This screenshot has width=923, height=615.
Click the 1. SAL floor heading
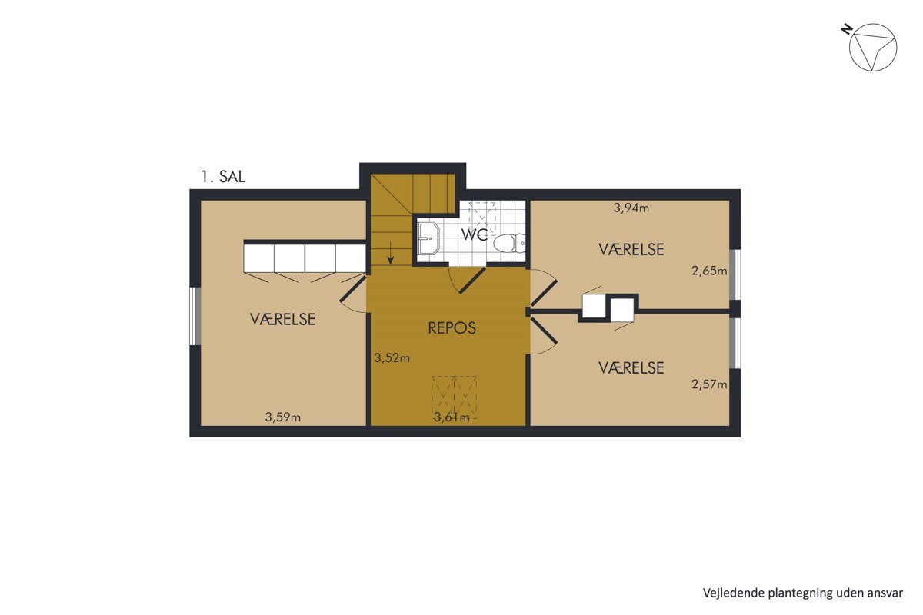pyautogui.click(x=223, y=177)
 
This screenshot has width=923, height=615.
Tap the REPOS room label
pyautogui.click(x=452, y=328)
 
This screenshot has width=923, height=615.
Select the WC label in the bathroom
pyautogui.click(x=475, y=234)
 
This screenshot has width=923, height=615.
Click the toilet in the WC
pyautogui.click(x=509, y=243)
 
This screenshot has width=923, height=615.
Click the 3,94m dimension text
pyautogui.click(x=631, y=208)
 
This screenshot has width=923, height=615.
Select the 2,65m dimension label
pyautogui.click(x=709, y=271)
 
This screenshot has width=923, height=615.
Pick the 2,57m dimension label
pyautogui.click(x=709, y=384)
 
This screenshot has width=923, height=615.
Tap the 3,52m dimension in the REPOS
pyautogui.click(x=392, y=358)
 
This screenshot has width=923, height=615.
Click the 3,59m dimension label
pyautogui.click(x=283, y=417)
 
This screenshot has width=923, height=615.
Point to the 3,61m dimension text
pyautogui.click(x=452, y=417)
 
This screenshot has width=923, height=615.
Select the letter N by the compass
pyautogui.click(x=846, y=29)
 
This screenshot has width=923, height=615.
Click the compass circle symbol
pyautogui.click(x=873, y=24)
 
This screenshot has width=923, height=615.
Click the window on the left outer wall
pyautogui.click(x=195, y=317)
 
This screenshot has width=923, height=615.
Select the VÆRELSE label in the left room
pyautogui.click(x=283, y=319)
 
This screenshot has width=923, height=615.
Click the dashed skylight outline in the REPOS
pyautogui.click(x=454, y=397)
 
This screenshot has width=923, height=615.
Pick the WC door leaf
pyautogui.click(x=472, y=281)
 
